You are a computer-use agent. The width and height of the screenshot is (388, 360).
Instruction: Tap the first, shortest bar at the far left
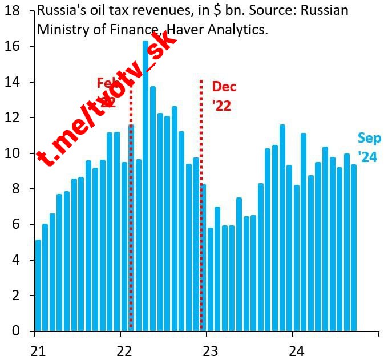tap(38, 285)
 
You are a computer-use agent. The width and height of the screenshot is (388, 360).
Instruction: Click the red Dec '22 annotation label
tap(224, 96)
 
